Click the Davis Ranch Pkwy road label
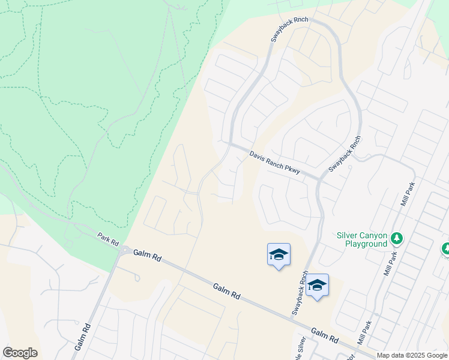tap(274, 162)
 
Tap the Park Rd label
tap(109, 239)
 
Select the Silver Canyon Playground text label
tap(361, 239)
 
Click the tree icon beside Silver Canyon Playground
tap(396, 239)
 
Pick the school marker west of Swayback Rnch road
tap(279, 255)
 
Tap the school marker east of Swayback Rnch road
tap(317, 286)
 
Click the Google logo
tap(20, 353)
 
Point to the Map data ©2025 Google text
tap(412, 355)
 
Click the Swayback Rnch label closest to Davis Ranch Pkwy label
tap(345, 155)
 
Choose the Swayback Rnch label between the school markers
tap(300, 293)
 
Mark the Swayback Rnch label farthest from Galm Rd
tap(289, 29)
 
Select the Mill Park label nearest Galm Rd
tap(364, 332)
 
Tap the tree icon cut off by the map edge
tap(446, 248)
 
